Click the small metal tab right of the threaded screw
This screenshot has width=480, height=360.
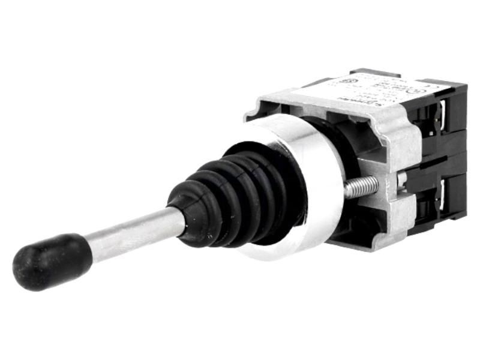pyautogui.click(x=401, y=179)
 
